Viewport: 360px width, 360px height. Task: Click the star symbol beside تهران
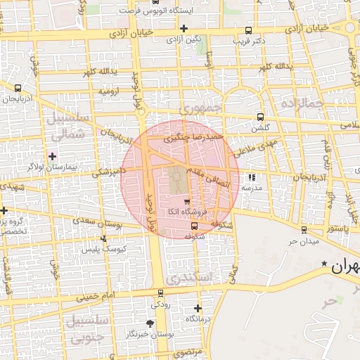coord(324,264)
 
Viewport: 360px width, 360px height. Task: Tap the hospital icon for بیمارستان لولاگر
coord(53,155)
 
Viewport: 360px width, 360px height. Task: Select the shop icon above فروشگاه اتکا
coord(186,202)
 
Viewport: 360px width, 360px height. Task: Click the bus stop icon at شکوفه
coord(194,226)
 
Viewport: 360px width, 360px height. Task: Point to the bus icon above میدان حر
coord(303,229)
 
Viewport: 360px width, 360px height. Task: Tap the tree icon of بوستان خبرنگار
coord(150,323)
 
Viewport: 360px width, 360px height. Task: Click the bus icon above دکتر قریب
coord(248,30)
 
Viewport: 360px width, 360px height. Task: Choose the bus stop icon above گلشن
coord(260,117)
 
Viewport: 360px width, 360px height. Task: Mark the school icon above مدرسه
coord(252,176)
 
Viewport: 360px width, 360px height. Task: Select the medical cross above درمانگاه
coord(198,308)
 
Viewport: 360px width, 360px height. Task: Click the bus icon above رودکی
coord(160,293)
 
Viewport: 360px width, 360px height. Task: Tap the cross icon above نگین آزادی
coord(184,29)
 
